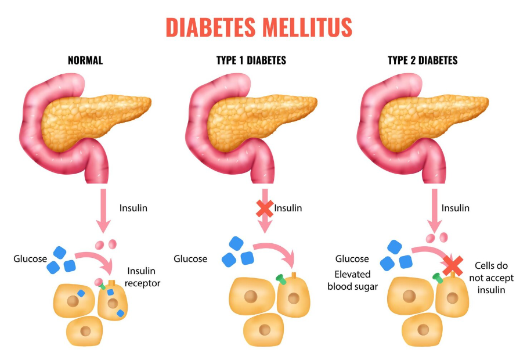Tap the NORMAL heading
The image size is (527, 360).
[x=85, y=60]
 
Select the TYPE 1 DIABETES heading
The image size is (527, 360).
[x=250, y=60]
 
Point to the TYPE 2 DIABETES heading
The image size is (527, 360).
[x=423, y=60]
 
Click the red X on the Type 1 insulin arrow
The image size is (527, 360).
[x=265, y=208]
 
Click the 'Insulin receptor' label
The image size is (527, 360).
[x=143, y=278]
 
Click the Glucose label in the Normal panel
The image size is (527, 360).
[x=30, y=258]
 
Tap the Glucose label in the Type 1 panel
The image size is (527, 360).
[x=190, y=258]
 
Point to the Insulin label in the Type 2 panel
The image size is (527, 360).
[x=456, y=208]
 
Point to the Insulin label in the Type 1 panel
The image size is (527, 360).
[x=288, y=208]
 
